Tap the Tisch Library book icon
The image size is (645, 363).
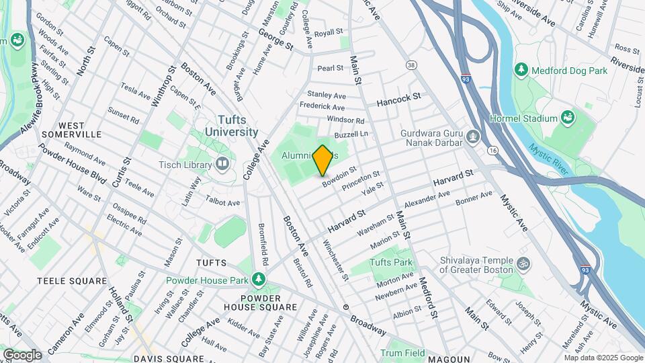coord(222,164)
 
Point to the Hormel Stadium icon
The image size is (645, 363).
coord(568,118)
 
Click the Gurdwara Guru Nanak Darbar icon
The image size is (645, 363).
coord(474,138)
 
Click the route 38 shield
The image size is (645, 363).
coord(411,65)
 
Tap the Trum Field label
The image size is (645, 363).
coord(402,353)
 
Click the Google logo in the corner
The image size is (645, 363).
coord(22,354)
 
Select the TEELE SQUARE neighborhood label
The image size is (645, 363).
coord(72,280)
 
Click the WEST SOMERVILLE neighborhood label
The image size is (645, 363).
coord(71,130)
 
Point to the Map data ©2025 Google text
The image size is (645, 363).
coord(603,358)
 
